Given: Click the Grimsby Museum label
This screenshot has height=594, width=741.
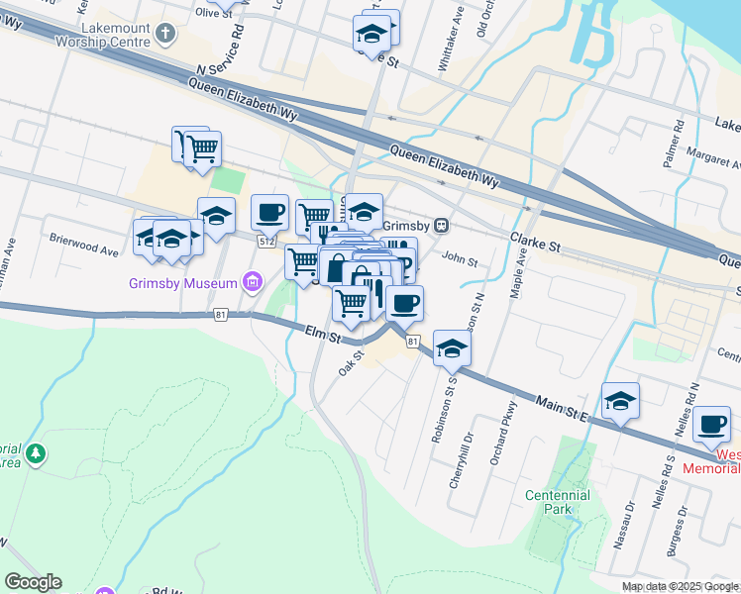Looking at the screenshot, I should (x=184, y=284).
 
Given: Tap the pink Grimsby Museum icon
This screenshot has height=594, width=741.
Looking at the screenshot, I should (x=253, y=284).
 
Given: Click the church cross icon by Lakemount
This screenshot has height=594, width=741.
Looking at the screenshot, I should (x=165, y=36).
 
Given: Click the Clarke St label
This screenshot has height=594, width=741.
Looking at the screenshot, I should (x=535, y=241).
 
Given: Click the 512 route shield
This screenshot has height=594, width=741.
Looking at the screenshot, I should (x=265, y=242).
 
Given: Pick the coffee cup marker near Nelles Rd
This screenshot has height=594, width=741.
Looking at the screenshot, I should (x=711, y=425).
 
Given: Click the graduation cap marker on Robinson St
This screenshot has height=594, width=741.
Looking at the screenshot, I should (x=452, y=347).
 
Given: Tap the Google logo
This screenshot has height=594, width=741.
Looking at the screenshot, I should (x=33, y=582).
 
